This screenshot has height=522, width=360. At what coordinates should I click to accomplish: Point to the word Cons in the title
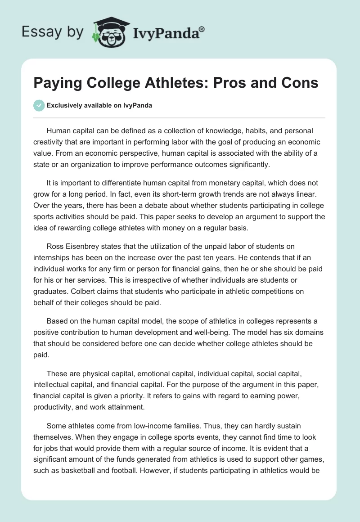pos(300,83)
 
